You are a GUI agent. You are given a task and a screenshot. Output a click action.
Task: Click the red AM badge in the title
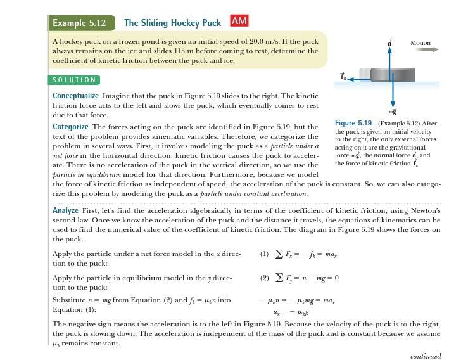click(x=239, y=21)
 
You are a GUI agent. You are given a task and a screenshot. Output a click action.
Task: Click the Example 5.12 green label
click(x=79, y=23)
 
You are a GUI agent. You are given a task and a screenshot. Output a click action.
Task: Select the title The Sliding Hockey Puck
click(x=172, y=23)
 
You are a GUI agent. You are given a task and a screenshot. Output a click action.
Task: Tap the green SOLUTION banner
click(x=74, y=80)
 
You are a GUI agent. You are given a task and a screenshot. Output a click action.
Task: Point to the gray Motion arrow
click(x=421, y=49)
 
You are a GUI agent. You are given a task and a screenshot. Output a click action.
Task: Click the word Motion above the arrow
click(x=420, y=42)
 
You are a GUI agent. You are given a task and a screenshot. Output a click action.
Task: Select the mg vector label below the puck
click(x=393, y=110)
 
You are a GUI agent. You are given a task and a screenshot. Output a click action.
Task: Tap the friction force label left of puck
click(x=343, y=76)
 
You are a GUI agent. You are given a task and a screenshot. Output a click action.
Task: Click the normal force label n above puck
click(x=390, y=42)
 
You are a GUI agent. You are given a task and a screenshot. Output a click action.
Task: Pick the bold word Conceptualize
click(x=76, y=96)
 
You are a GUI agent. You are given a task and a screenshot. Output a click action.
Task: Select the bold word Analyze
click(x=65, y=210)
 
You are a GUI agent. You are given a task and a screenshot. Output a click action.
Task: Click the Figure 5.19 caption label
click(x=353, y=123)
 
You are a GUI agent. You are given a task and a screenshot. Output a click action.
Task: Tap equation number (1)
click(x=264, y=254)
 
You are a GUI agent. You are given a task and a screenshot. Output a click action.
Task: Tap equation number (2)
click(x=264, y=278)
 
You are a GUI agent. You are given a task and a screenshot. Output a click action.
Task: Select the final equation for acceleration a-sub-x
click(x=291, y=311)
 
